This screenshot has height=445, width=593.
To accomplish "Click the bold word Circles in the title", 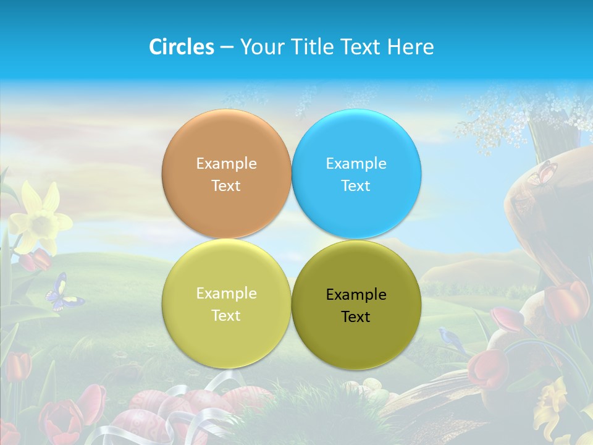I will click(182, 47).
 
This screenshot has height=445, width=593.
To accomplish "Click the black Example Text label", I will click(356, 306).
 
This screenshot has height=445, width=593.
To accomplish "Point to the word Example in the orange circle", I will click(226, 164).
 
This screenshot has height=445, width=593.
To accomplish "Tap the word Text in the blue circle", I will click(356, 186).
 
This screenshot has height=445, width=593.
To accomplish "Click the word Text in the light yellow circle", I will click(226, 316).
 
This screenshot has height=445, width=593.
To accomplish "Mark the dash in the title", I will click(227, 48).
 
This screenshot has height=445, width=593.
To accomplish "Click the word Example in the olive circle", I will click(356, 295).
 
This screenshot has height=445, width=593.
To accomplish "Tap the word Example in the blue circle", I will click(356, 164).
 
